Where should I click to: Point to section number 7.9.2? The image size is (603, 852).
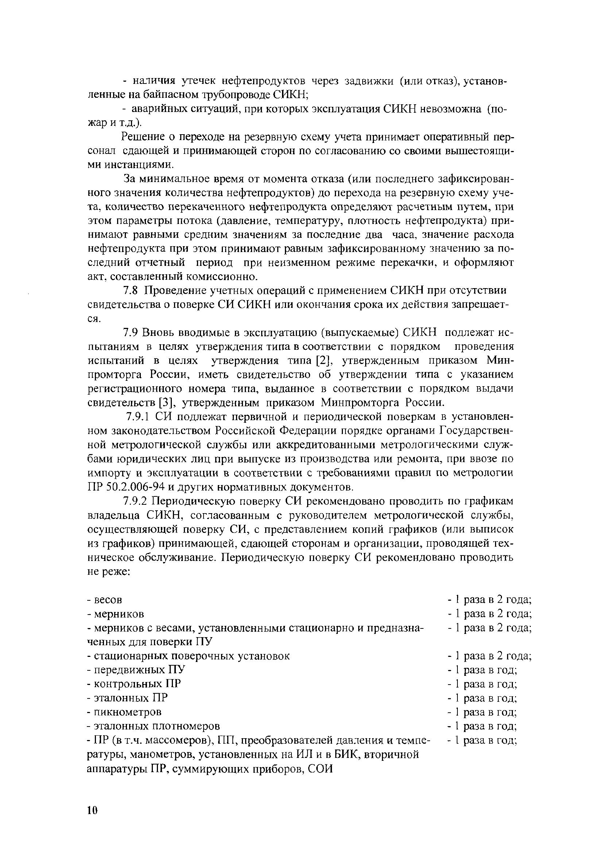tap(136, 501)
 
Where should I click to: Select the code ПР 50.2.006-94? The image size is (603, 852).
tap(125, 487)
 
